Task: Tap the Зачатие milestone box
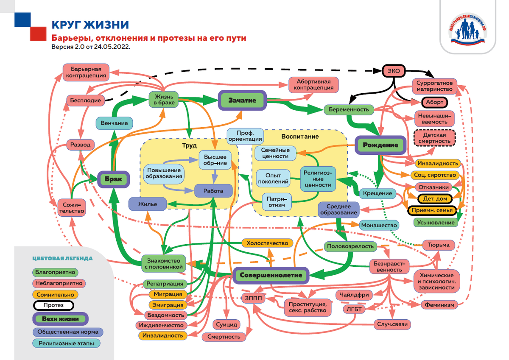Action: coord(242,100)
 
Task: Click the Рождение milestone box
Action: coord(380,145)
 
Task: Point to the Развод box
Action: coord(80,145)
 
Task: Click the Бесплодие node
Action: coord(84,100)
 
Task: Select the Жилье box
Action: coord(147,204)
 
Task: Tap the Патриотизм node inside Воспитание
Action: coord(277,201)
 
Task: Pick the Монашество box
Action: coord(379,225)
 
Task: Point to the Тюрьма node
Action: coord(439,245)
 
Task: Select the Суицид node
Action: coord(227,324)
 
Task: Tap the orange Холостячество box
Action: coord(267,243)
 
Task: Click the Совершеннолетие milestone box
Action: coord(271,275)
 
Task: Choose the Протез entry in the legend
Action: coord(53,305)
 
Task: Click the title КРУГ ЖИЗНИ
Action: coord(89,24)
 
